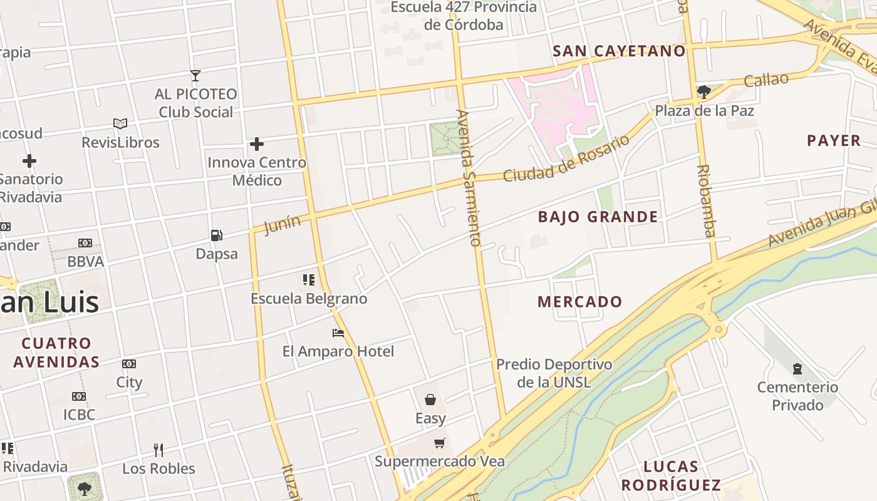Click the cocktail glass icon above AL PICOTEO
pyautogui.click(x=195, y=76)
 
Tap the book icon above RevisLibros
pyautogui.click(x=120, y=124)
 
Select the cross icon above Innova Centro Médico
pyautogui.click(x=257, y=144)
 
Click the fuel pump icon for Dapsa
pyautogui.click(x=216, y=235)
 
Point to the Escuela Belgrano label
pyautogui.click(x=309, y=299)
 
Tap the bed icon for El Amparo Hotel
pyautogui.click(x=338, y=333)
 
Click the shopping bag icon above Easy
pyautogui.click(x=430, y=400)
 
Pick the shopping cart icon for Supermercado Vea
pyautogui.click(x=440, y=443)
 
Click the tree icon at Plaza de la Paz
pyautogui.click(x=703, y=92)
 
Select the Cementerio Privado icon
pyautogui.click(x=797, y=368)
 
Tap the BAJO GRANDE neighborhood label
pyautogui.click(x=598, y=217)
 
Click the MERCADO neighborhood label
pyautogui.click(x=580, y=302)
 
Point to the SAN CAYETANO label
pyautogui.click(x=620, y=51)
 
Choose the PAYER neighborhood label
pyautogui.click(x=834, y=141)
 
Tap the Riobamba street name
pyautogui.click(x=706, y=201)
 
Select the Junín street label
pyautogui.click(x=283, y=224)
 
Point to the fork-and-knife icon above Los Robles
pyautogui.click(x=158, y=450)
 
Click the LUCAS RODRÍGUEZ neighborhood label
pyautogui.click(x=671, y=476)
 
